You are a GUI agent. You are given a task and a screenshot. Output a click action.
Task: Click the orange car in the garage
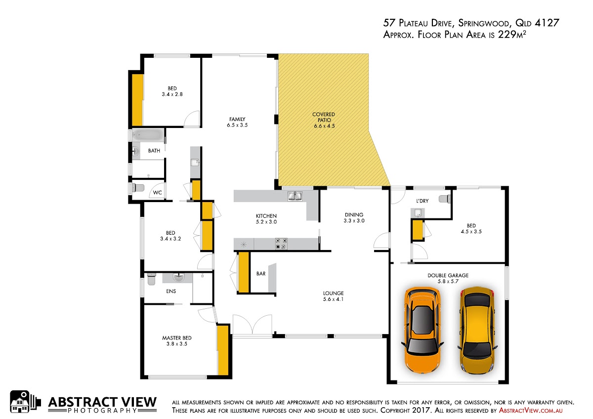[423, 330]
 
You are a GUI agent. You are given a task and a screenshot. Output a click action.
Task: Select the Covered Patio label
[324, 120]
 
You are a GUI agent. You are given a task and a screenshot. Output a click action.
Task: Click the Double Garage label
[448, 278]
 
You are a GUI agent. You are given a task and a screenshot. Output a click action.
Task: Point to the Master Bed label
[176, 341]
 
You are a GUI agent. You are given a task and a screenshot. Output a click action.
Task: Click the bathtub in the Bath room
[148, 135]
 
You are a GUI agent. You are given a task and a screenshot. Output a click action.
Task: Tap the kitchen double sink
[295, 196]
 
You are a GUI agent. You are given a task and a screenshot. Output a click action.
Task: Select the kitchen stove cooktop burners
[281, 244]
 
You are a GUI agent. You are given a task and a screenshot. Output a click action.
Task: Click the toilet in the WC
[138, 188]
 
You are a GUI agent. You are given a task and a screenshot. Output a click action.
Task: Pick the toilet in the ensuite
[151, 279]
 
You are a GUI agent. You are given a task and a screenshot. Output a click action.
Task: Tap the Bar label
[261, 274]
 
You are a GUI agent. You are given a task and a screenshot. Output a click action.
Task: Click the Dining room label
[354, 217]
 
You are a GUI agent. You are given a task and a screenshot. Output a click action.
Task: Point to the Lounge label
[333, 296]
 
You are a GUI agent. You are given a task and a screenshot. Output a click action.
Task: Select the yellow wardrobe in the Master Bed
[223, 350]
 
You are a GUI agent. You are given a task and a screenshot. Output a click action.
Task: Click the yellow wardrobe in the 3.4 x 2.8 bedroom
[138, 100]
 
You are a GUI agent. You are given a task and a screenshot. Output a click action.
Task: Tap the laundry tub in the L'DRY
[418, 212]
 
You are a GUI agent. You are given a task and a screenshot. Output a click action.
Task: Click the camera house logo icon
[25, 402]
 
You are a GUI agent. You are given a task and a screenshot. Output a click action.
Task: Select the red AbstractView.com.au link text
[531, 411]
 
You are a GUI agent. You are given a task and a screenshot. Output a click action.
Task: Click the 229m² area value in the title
[512, 35]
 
